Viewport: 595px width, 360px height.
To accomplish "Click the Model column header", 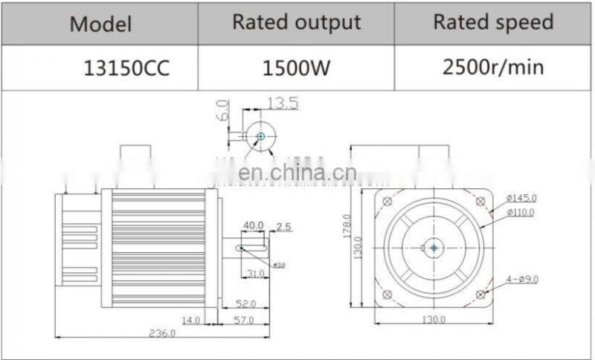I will pyautogui.click(x=100, y=24).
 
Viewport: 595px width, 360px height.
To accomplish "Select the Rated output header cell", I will pyautogui.click(x=297, y=22).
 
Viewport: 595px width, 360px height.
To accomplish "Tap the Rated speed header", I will pyautogui.click(x=494, y=22).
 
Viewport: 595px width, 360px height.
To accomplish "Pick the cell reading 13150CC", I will pyautogui.click(x=126, y=69).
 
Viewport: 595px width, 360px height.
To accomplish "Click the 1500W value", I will pyautogui.click(x=297, y=69).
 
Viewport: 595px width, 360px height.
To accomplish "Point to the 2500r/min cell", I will pyautogui.click(x=493, y=68).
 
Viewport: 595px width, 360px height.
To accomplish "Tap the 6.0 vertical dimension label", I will pyautogui.click(x=221, y=112).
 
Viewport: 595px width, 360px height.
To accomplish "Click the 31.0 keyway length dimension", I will pyautogui.click(x=257, y=274).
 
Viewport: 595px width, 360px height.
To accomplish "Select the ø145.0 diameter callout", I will pyautogui.click(x=521, y=198).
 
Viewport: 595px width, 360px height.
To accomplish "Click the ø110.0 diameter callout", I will pyautogui.click(x=521, y=212).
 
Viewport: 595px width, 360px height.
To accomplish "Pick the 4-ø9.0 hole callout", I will pyautogui.click(x=521, y=279).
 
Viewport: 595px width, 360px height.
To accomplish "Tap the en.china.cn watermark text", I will pyautogui.click(x=297, y=173).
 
